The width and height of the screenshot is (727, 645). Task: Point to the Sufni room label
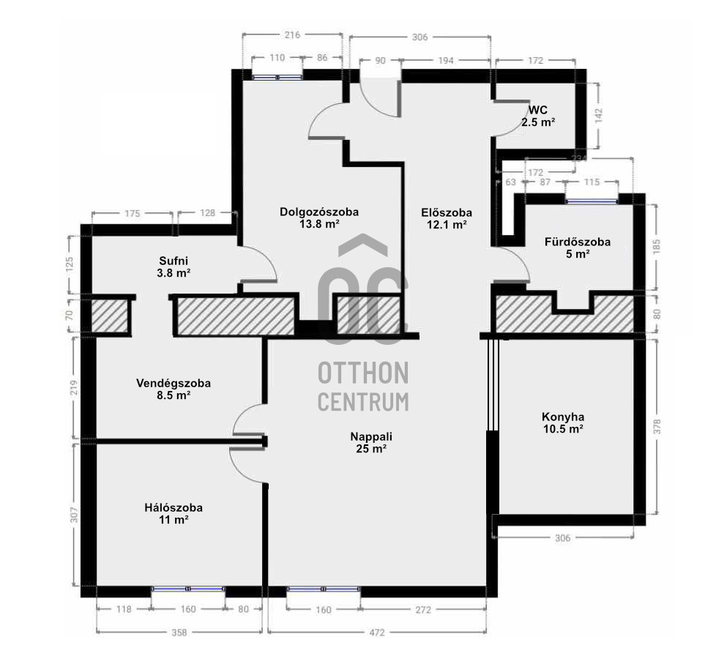175,260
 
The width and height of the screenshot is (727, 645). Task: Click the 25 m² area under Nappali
368,449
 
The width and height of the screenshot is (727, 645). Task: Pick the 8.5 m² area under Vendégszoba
174,395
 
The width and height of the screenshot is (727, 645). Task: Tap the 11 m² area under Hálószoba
174,520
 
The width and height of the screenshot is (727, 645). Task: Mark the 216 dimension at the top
291,34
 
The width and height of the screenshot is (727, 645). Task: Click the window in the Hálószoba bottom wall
188,589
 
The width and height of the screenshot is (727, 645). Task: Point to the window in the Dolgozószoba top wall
277,75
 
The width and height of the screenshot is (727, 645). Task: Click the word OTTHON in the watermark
363,373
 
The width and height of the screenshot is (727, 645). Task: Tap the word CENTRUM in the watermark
363,401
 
